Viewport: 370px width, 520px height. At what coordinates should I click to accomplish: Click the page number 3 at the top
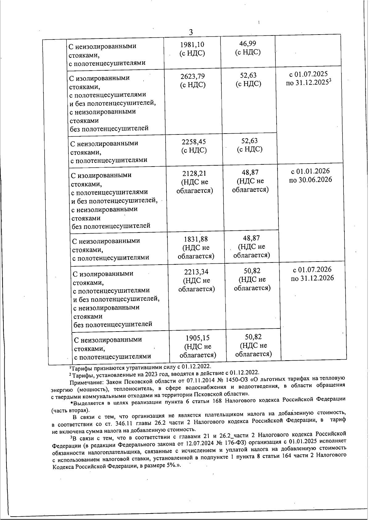pos(191,32)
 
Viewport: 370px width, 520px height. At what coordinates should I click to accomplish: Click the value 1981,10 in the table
pos(192,45)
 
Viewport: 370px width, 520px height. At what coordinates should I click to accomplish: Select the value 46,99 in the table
pos(248,43)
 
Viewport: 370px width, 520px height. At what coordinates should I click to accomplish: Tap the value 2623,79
pos(193,76)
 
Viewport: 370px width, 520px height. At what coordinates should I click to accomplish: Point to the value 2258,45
pos(194,142)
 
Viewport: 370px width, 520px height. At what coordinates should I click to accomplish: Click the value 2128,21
pos(195,173)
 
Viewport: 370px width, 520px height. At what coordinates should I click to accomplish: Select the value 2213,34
pos(196,272)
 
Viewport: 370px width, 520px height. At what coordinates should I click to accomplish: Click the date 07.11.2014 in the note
pos(191,379)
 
